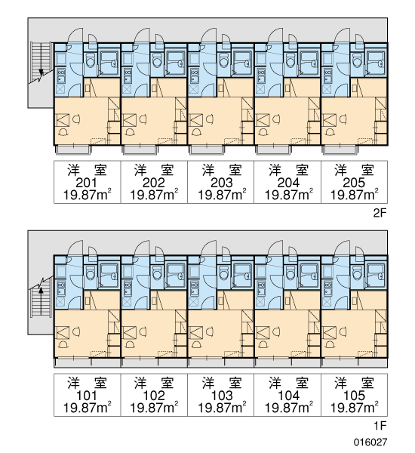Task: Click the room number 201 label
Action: point(87,183)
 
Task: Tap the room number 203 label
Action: point(222,183)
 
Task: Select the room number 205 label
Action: point(354,183)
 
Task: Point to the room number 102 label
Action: point(154,396)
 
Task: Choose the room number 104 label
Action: point(288,396)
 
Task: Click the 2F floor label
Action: point(380,213)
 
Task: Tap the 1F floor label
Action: point(380,426)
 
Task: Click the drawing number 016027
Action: point(370,442)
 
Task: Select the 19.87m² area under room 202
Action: point(154,195)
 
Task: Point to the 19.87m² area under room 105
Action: point(354,408)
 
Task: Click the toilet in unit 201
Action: point(91,60)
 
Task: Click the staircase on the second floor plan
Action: point(41,62)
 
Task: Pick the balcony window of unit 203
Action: point(207,149)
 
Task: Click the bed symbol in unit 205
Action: point(330,120)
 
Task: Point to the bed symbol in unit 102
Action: point(129,333)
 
